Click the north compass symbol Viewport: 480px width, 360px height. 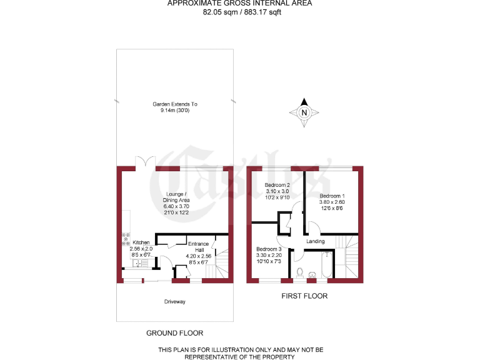(304, 113)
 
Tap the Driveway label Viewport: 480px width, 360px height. (175, 301)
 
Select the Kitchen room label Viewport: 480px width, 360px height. (141, 242)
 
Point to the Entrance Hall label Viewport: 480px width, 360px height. (198, 247)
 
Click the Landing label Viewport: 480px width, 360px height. (315, 242)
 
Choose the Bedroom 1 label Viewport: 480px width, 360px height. (332, 196)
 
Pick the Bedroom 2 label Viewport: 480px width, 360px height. (277, 185)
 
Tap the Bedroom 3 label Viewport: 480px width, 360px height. (269, 249)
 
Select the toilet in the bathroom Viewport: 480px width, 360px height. (301, 272)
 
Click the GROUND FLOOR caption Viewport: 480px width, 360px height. (174, 333)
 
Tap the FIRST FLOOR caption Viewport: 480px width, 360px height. (304, 296)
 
